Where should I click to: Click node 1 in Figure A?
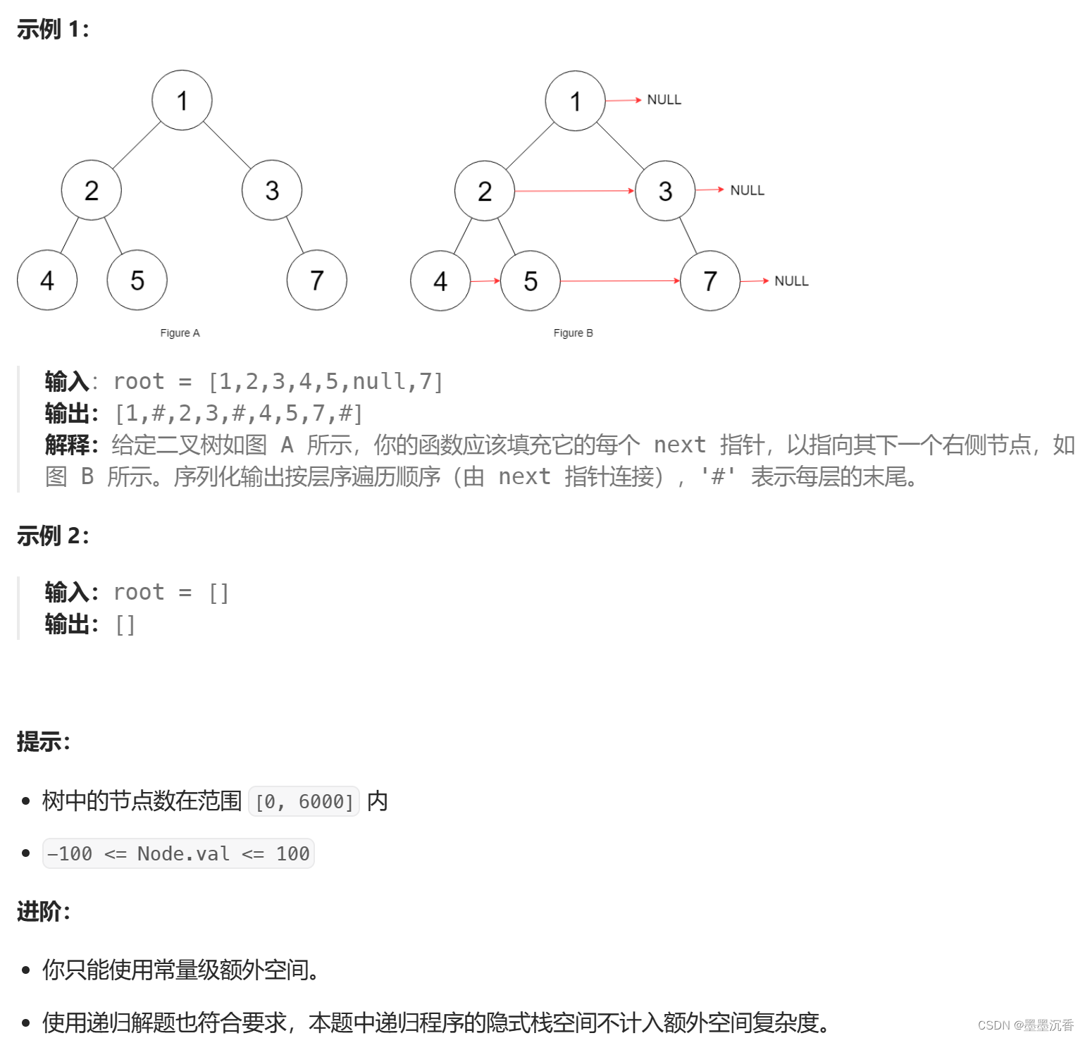(x=182, y=100)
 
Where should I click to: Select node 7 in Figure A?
(x=316, y=280)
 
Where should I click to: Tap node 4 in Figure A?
(x=47, y=280)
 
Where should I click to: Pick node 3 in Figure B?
(x=665, y=191)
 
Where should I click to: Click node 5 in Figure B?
(x=531, y=281)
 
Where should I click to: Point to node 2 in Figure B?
(x=485, y=191)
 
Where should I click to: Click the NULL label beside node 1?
(x=664, y=100)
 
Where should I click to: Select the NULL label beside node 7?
(x=791, y=281)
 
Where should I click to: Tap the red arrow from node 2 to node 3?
(x=574, y=191)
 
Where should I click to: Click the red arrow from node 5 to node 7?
(x=620, y=281)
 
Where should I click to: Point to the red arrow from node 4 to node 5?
(x=485, y=281)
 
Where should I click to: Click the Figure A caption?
(x=180, y=333)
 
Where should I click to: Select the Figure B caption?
(x=573, y=333)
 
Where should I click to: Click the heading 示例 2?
(x=53, y=536)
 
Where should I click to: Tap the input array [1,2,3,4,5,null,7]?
(x=325, y=382)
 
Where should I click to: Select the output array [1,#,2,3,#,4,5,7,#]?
(x=239, y=414)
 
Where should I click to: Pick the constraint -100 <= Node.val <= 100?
(x=178, y=854)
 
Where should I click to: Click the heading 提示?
(x=44, y=742)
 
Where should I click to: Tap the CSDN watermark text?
(x=1025, y=1025)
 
